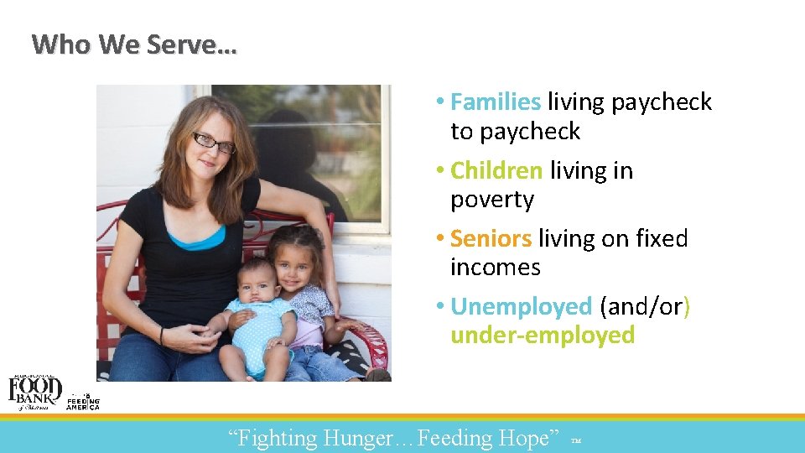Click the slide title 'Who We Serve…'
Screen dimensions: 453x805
(134, 44)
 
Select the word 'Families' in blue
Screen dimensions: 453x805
(496, 102)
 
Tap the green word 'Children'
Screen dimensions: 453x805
(496, 171)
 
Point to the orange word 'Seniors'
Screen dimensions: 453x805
(491, 239)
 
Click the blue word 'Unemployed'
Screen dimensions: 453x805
(521, 307)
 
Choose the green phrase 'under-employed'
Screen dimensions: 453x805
(543, 336)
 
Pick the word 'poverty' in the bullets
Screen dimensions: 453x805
(491, 200)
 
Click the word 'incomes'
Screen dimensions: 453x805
(495, 268)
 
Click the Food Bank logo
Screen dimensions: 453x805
(34, 392)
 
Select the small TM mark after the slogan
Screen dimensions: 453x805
(574, 440)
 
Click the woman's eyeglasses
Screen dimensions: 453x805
(213, 143)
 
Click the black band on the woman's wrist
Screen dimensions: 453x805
(163, 336)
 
